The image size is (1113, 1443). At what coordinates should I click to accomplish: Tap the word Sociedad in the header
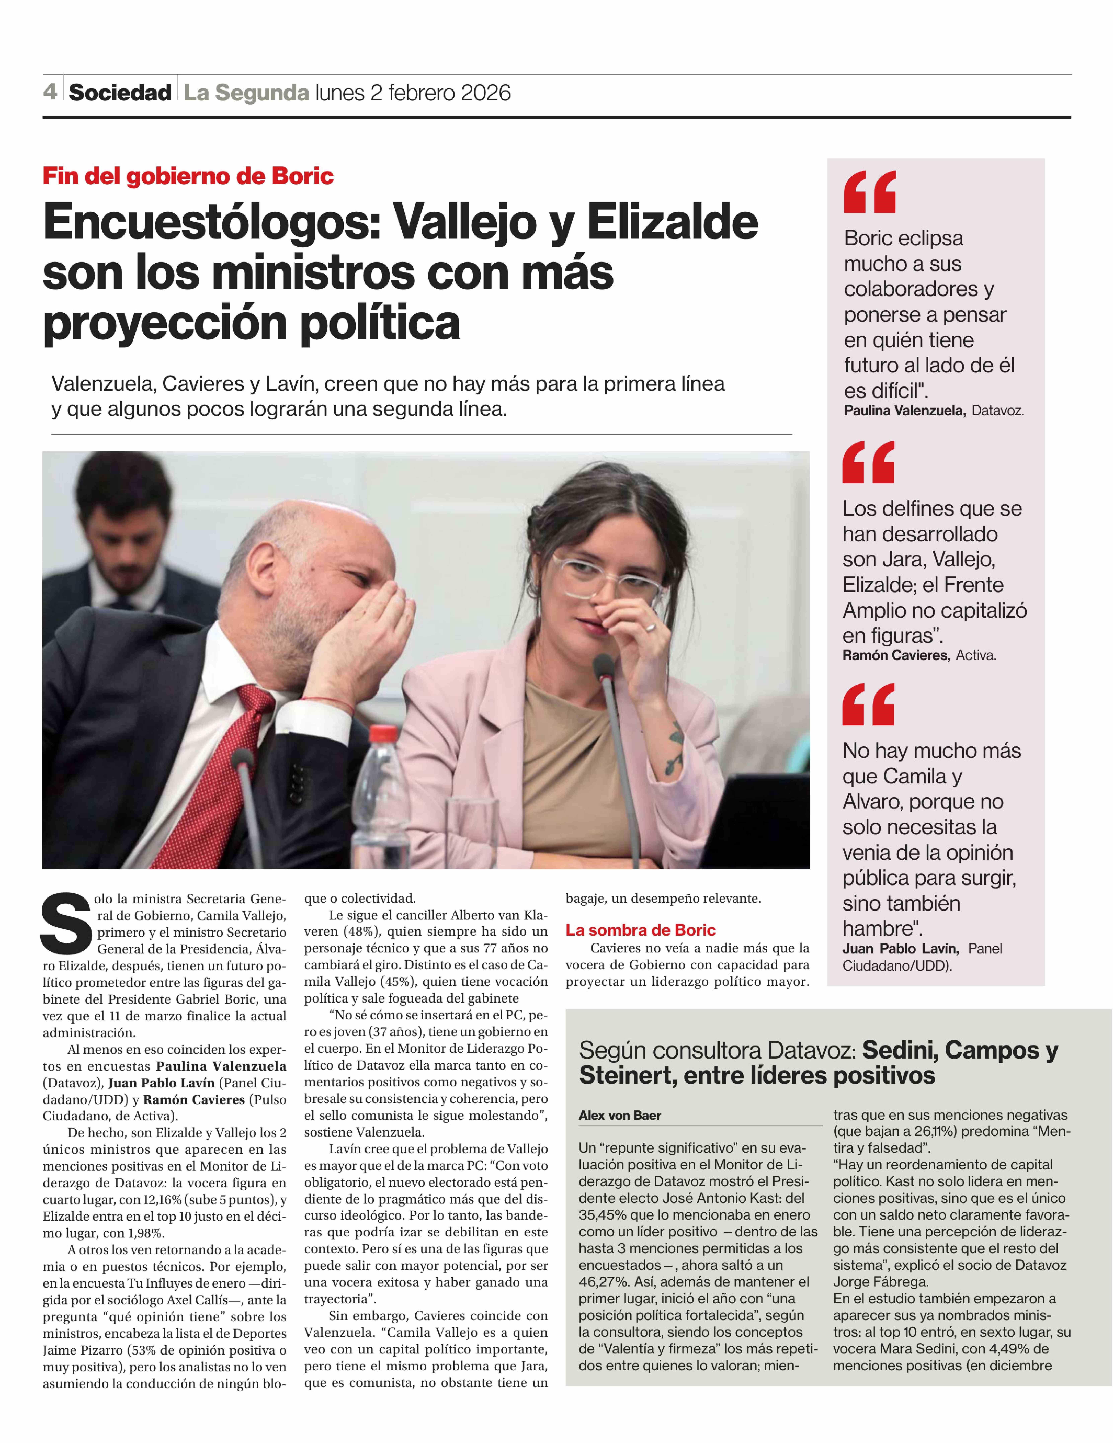120,93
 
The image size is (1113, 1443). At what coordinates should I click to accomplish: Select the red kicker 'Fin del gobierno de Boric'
188,176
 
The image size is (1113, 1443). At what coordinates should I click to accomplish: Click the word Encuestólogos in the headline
212,223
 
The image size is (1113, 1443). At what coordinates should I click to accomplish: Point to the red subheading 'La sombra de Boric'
640,930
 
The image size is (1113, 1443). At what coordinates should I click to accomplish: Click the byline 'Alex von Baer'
619,1115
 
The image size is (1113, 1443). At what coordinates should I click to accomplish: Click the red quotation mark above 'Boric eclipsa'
869,192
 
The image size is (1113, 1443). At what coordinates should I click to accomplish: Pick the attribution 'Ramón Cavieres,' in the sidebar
896,655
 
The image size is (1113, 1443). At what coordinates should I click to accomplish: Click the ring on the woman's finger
650,626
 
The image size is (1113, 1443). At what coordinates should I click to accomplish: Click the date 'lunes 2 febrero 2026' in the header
413,93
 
